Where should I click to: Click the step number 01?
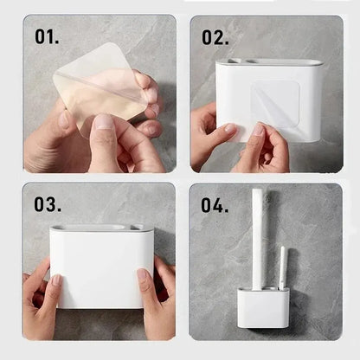pyautogui.click(x=49, y=37)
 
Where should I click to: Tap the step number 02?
pyautogui.click(x=215, y=37)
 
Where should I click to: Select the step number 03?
pyautogui.click(x=48, y=204)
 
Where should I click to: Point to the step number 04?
pyautogui.click(x=215, y=205)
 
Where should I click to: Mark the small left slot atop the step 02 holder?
pyautogui.click(x=235, y=62)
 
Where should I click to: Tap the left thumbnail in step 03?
pyautogui.click(x=56, y=281)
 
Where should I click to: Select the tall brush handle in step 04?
pyautogui.click(x=258, y=238)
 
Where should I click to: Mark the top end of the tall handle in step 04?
pyautogui.click(x=258, y=192)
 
